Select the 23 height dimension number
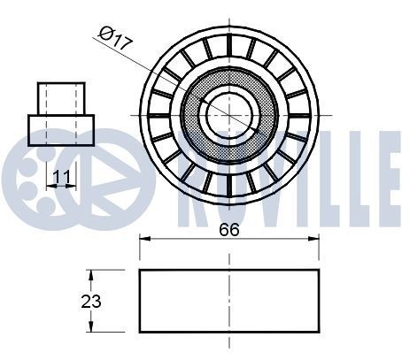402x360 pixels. point(90,301)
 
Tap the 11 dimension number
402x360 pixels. point(61,176)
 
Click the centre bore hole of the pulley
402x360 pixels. point(228,113)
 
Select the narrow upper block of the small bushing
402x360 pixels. point(61,98)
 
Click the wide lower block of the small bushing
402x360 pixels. point(61,129)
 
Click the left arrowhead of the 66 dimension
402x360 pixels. point(143,239)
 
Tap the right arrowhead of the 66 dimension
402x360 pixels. point(315,239)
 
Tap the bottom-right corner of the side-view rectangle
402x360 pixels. point(319,332)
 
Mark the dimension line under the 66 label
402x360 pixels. point(195,239)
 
